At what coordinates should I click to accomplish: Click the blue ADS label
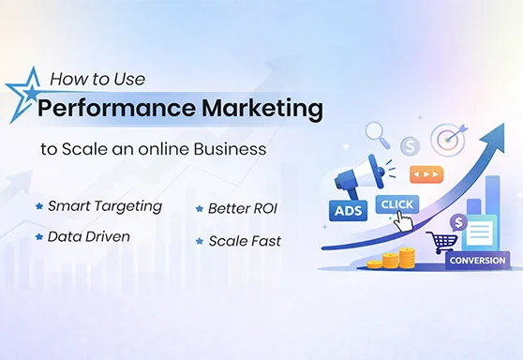point(347,212)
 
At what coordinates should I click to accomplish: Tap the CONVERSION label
point(477,261)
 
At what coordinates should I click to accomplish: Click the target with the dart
point(449,140)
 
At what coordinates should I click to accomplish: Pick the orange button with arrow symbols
point(426,174)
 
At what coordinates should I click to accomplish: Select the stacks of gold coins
point(396,259)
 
